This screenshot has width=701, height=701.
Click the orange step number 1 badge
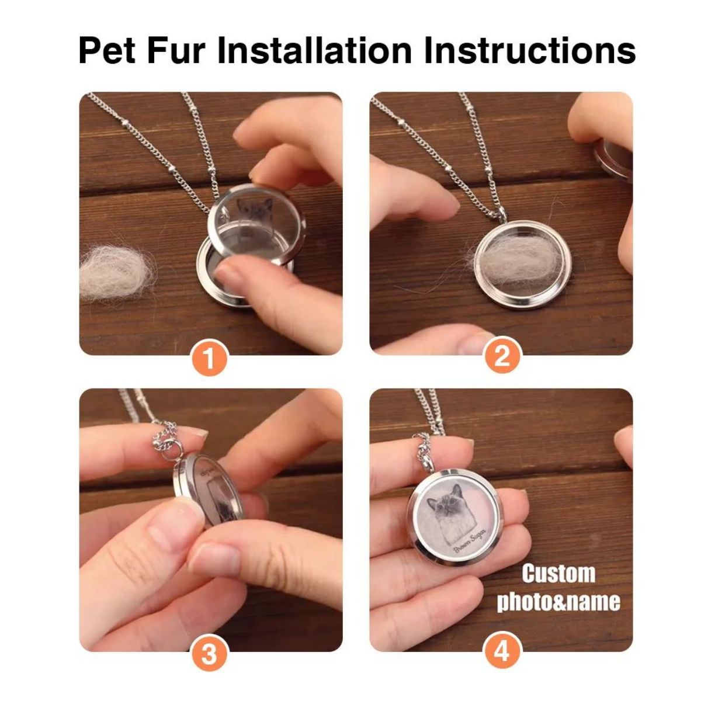209,358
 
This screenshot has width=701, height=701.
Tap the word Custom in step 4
558,574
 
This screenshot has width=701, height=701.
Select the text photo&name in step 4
558,602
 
